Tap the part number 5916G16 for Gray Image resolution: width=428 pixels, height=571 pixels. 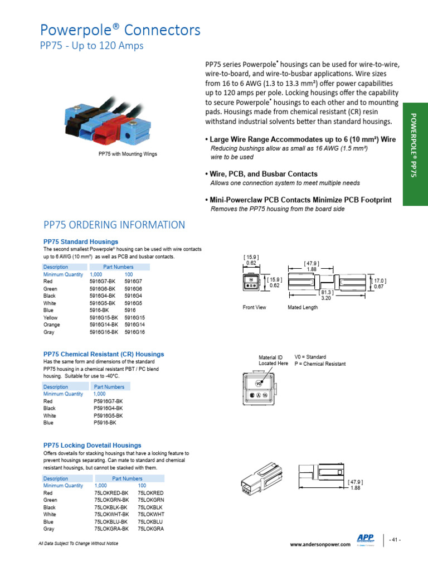pyautogui.click(x=134, y=332)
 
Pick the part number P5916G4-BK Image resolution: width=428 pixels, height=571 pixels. pyautogui.click(x=108, y=408)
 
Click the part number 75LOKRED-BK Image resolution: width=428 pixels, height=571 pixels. pyautogui.click(x=111, y=493)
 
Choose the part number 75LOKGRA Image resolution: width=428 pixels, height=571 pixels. pyautogui.click(x=150, y=529)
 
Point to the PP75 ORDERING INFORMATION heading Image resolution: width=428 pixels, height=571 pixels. pyautogui.click(x=114, y=225)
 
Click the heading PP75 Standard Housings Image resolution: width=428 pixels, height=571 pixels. pyautogui.click(x=81, y=241)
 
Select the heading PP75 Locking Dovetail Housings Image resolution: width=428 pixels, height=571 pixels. pyautogui.click(x=93, y=446)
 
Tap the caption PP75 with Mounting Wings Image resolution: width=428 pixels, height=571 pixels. pyautogui.click(x=128, y=154)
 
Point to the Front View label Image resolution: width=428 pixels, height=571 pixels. pyautogui.click(x=255, y=307)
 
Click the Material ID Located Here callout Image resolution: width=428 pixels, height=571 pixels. pyautogui.click(x=273, y=360)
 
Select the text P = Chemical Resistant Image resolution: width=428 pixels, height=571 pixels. pyautogui.click(x=320, y=364)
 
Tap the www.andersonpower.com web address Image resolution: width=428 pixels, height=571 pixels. pyautogui.click(x=320, y=544)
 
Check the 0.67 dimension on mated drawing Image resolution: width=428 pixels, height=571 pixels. pyautogui.click(x=378, y=287)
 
